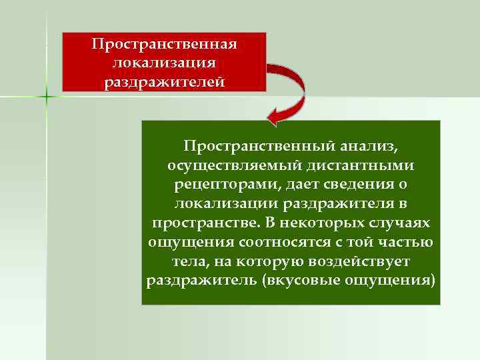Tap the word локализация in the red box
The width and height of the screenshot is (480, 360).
[164, 63]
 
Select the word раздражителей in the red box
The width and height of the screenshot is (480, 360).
[164, 82]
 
